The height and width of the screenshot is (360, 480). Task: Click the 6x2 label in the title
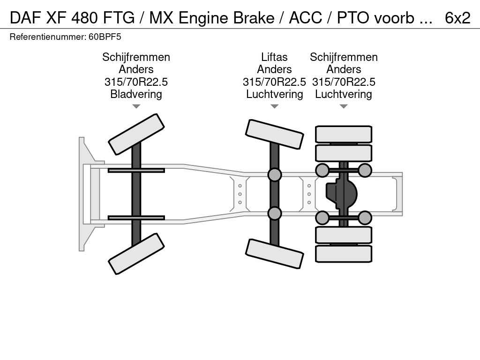pyautogui.click(x=457, y=17)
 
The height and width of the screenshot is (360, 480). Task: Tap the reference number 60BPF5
pyautogui.click(x=101, y=37)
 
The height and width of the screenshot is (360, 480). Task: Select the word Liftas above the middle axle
pyautogui.click(x=274, y=57)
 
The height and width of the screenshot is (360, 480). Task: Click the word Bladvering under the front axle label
pyautogui.click(x=136, y=94)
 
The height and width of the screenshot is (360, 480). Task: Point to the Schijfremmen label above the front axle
pyautogui.click(x=136, y=57)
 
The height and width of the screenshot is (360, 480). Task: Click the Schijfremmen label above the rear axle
pyautogui.click(x=344, y=57)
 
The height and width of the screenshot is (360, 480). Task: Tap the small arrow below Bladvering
pyautogui.click(x=136, y=106)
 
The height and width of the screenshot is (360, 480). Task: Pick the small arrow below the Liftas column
pyautogui.click(x=274, y=106)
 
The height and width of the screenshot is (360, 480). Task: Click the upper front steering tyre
pyautogui.click(x=136, y=134)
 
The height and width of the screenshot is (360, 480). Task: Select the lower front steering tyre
pyautogui.click(x=136, y=254)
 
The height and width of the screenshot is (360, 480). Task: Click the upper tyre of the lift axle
pyautogui.click(x=274, y=134)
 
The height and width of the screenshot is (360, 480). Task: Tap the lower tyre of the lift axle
pyautogui.click(x=274, y=254)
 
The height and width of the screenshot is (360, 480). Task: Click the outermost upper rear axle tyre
pyautogui.click(x=344, y=134)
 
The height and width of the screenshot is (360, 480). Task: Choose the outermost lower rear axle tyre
pyautogui.click(x=344, y=254)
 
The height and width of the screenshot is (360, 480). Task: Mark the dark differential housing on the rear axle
pyautogui.click(x=342, y=194)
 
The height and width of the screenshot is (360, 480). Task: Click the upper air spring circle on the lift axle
pyautogui.click(x=274, y=175)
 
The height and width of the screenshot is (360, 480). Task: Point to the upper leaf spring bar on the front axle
pyautogui.click(x=136, y=170)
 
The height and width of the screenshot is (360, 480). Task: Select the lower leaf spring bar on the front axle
pyautogui.click(x=136, y=217)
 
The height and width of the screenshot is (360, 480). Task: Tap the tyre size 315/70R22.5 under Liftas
pyautogui.click(x=274, y=82)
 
